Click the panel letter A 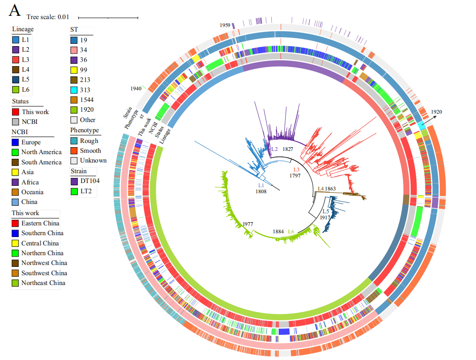(15, 10)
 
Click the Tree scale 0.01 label (48, 17)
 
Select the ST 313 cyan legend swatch (74, 89)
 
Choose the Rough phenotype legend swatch (74, 141)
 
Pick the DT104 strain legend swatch (74, 181)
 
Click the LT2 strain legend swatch (74, 191)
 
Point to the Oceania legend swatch (16, 192)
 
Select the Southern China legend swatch (16, 233)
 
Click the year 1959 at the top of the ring (225, 25)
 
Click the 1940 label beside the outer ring (136, 88)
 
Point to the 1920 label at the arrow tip (436, 112)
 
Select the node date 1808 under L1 (261, 191)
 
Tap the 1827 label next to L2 (288, 149)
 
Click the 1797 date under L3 (295, 176)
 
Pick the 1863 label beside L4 (330, 189)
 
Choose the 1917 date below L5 (325, 217)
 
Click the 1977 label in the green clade (248, 224)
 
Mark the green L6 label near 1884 (291, 231)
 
